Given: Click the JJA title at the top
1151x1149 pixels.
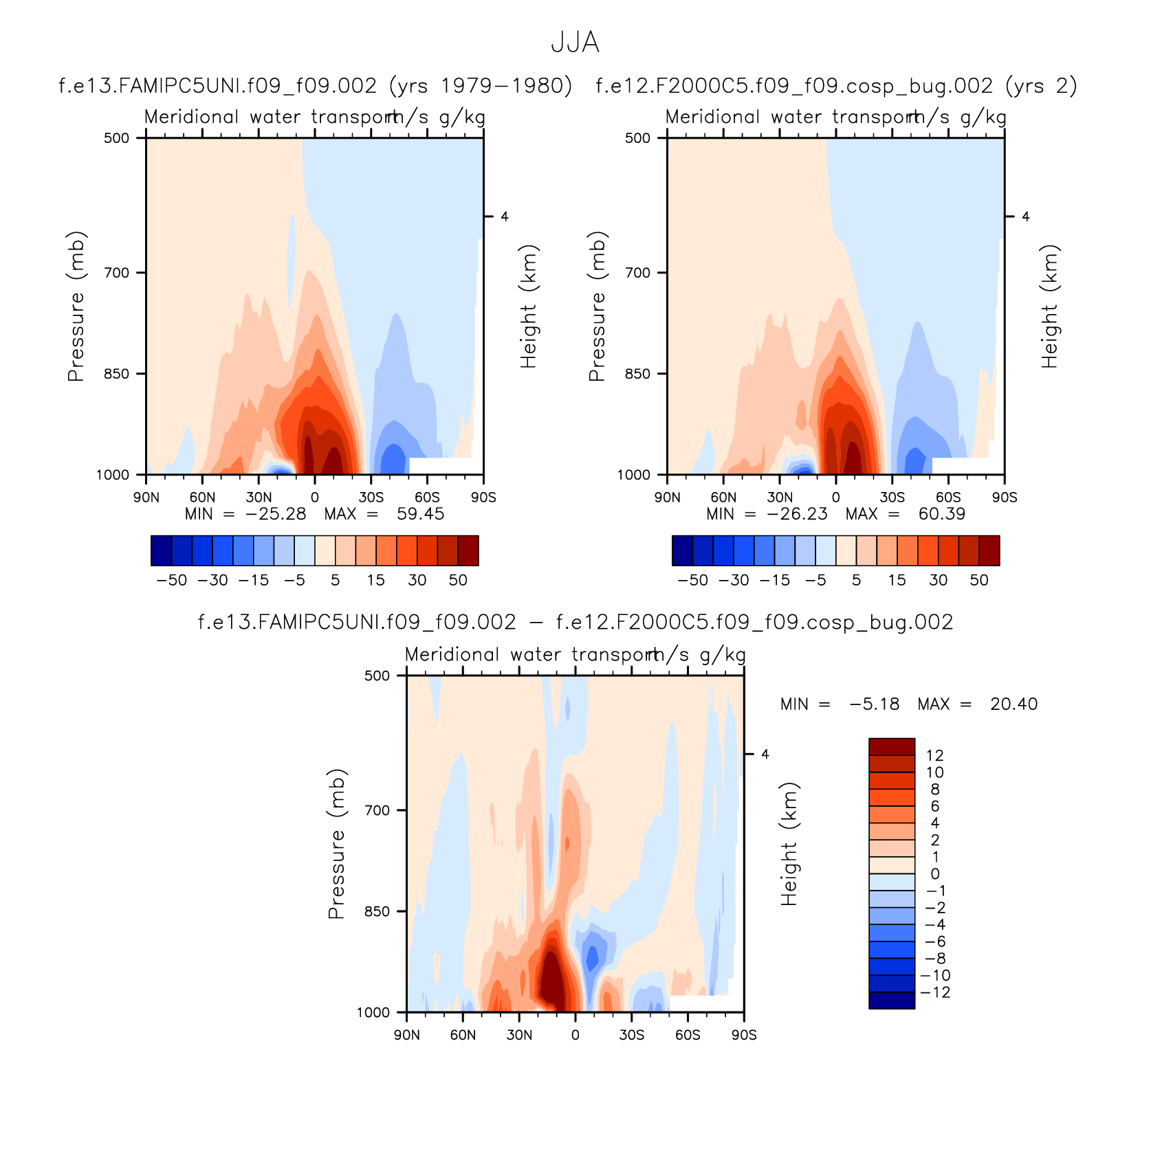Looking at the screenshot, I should pos(575,43).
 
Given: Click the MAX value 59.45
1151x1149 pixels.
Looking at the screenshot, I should pos(420,514).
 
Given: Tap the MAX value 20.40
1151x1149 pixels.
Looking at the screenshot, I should pos(1013,704).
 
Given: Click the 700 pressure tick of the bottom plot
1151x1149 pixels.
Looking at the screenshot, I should pos(377,810).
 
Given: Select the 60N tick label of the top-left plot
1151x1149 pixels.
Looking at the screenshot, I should pos(202,498).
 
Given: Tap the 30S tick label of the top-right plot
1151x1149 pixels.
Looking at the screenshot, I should pos(892,498).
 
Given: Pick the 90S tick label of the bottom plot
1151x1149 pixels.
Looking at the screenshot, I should pos(744,1036).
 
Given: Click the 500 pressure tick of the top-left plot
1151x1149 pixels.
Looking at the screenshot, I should pos(116,138).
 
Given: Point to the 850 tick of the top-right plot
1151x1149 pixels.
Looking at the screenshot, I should pos(637,374).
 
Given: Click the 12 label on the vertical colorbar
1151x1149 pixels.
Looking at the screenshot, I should pos(934,755).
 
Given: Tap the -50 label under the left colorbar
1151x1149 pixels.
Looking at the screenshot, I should pos(171,580).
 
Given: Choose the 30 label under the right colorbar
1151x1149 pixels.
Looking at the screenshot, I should pos(939,580).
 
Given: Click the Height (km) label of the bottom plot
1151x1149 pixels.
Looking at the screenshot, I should pos(789,844).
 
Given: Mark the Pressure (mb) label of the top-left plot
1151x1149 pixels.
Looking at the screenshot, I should pos(76,306).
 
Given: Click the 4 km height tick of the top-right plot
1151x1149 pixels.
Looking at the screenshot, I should pos(1025,217).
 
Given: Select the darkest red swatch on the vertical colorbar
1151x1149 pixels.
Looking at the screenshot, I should pos(892,746).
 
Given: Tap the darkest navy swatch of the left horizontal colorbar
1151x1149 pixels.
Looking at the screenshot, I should pos(161,550).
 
